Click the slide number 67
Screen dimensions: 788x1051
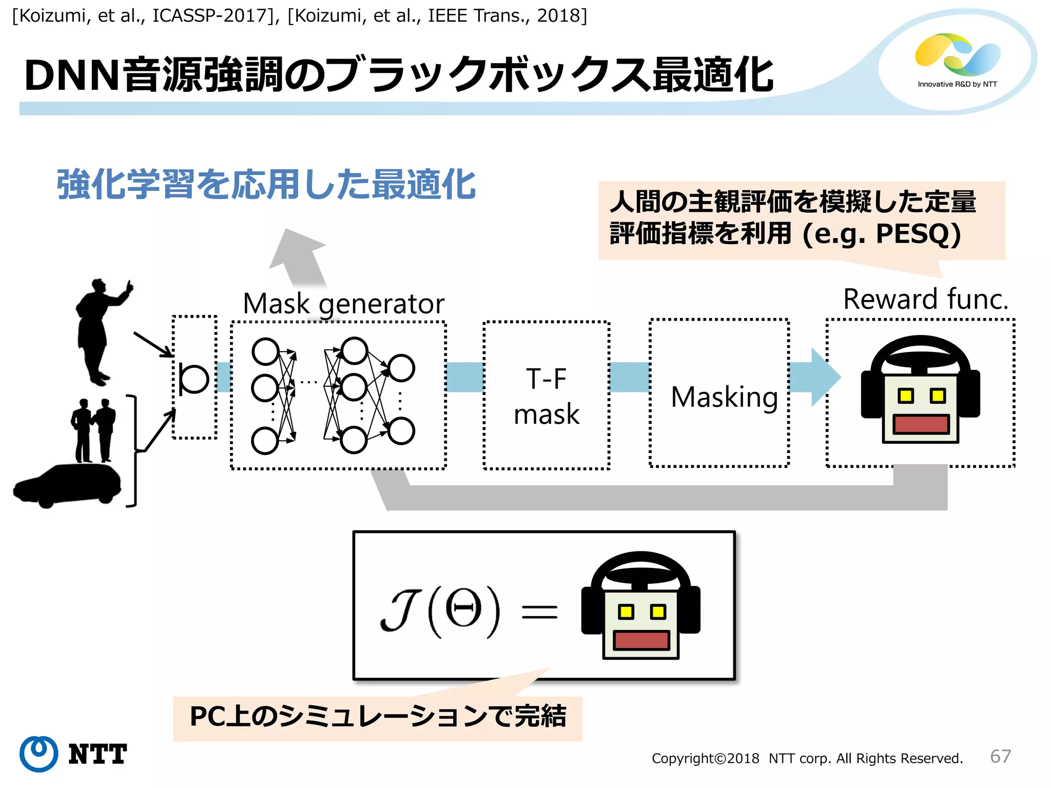[1000, 756]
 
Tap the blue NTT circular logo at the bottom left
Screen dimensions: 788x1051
[39, 754]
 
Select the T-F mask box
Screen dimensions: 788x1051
[546, 396]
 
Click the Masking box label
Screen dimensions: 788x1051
[724, 397]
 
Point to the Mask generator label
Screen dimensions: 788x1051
[343, 304]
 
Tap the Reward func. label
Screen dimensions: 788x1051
[925, 299]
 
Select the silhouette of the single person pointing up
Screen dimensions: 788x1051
[100, 331]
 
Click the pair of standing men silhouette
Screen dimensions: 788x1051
[93, 430]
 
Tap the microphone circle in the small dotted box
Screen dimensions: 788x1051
[194, 379]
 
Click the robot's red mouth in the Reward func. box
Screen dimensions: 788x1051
[921, 424]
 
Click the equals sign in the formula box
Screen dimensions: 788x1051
[539, 612]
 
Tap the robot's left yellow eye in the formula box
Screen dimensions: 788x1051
[626, 612]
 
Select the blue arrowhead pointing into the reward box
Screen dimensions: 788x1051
[824, 378]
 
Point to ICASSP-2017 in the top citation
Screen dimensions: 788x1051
[209, 16]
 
